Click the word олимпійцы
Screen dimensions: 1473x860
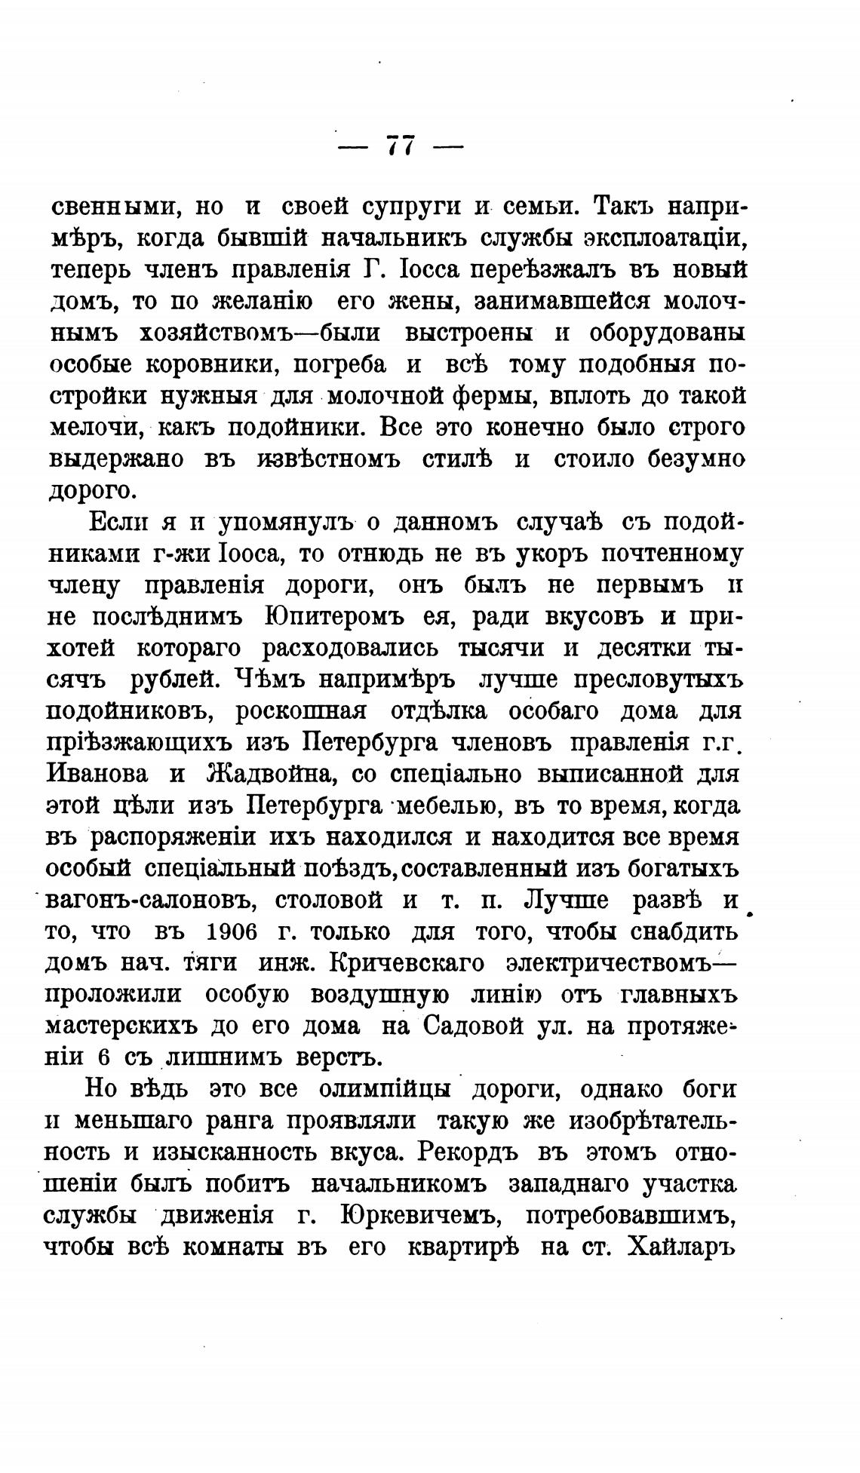tap(385, 1090)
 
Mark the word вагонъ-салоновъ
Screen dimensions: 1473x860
tap(149, 901)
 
